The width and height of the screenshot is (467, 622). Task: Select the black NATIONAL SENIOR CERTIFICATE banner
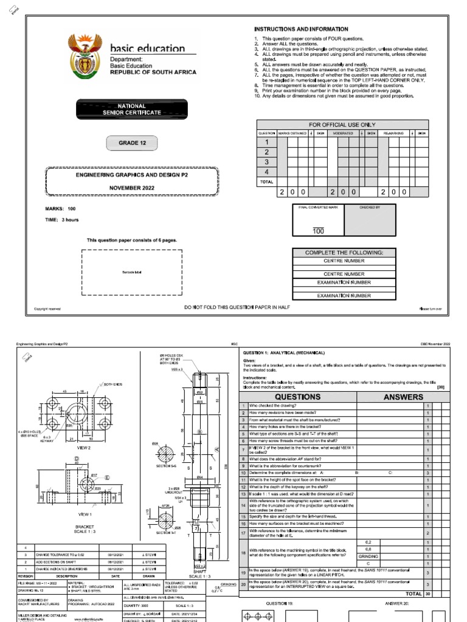[x=131, y=109]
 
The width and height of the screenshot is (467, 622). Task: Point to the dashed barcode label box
[x=132, y=274]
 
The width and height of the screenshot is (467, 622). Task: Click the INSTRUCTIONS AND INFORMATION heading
[x=300, y=29]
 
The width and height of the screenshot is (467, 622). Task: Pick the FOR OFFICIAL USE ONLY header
[x=343, y=125]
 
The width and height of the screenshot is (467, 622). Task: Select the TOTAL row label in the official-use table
[x=266, y=182]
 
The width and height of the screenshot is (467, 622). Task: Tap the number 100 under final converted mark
[x=318, y=231]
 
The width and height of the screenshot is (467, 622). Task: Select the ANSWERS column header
[x=404, y=397]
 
